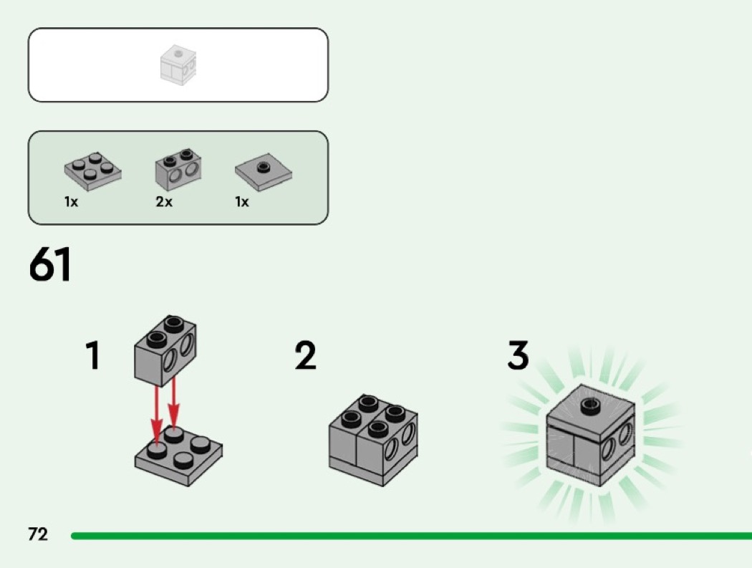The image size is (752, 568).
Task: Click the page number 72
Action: [38, 534]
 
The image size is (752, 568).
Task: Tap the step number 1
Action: [93, 355]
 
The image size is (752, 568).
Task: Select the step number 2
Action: [306, 355]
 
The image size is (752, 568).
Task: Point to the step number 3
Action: [518, 355]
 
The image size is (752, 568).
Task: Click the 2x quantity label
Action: [164, 202]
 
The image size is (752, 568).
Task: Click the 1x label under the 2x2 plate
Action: [71, 202]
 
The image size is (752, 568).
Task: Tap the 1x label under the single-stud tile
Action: [242, 202]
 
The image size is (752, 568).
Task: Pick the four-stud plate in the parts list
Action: [93, 171]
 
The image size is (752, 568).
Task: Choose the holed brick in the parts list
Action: [178, 169]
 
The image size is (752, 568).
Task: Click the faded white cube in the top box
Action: [178, 65]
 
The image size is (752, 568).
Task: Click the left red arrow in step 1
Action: [156, 416]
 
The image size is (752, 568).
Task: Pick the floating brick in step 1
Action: [165, 351]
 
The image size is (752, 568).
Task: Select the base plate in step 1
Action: [178, 456]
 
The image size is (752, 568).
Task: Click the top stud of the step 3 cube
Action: [590, 405]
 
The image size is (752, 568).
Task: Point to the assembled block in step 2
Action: [373, 441]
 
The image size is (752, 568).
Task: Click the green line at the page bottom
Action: [412, 535]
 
